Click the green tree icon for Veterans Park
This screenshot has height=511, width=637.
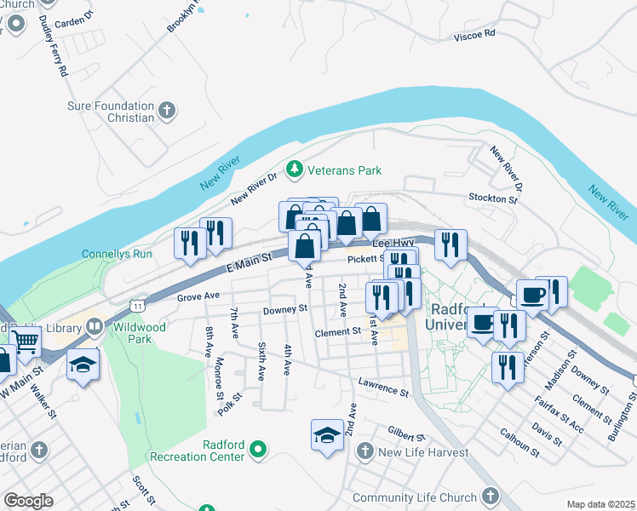click(x=296, y=170)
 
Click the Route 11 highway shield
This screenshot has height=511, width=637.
click(x=136, y=303)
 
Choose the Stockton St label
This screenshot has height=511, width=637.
click(x=493, y=198)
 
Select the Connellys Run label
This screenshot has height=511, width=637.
click(x=117, y=254)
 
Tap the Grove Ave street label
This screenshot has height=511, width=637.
click(x=198, y=297)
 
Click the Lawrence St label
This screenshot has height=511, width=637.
click(x=383, y=388)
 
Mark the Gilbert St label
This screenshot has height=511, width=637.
click(x=405, y=435)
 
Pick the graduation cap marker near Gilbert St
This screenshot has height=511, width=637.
click(x=327, y=436)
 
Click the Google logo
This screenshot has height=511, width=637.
click(x=28, y=501)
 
